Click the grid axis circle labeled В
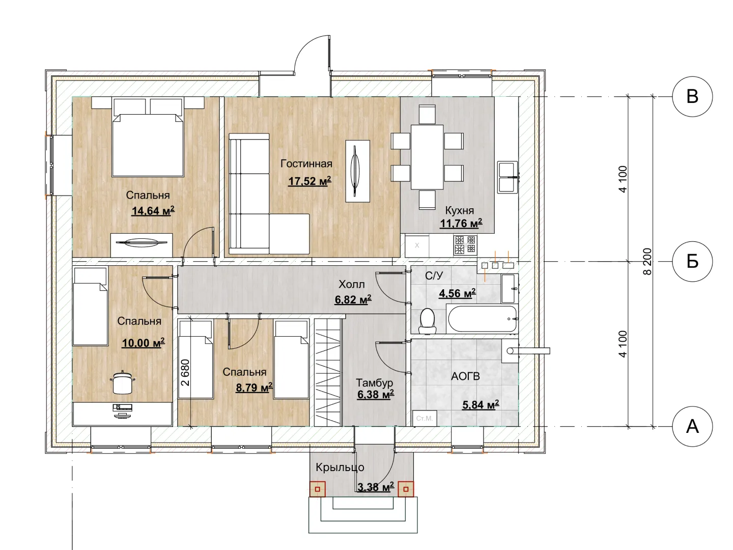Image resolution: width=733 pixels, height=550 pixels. coord(692,97)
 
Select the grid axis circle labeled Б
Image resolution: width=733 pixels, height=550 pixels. coord(692,261)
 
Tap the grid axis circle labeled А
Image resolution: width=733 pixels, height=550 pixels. coord(692,426)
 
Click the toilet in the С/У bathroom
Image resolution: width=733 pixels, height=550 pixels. coord(428,321)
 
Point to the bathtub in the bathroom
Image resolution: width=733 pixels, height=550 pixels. coord(482,319)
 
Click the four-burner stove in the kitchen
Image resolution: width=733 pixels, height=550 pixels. coord(466,245)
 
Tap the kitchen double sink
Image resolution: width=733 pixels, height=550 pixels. coord(508,177)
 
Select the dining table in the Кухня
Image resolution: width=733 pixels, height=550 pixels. coord(427,157)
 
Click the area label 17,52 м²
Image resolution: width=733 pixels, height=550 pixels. coord(309,181)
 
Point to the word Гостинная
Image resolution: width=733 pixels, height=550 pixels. coord(306,163)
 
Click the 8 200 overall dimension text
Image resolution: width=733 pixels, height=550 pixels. coord(647,261)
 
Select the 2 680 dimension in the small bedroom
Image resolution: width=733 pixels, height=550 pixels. coord(185,373)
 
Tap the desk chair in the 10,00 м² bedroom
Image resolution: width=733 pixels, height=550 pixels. coord(123,382)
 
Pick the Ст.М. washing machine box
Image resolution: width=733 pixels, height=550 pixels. coord(425,418)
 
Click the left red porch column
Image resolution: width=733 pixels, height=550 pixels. coord(318,489)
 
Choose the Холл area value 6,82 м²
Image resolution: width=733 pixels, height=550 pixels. coord(353,299)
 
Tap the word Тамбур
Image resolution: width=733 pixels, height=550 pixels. coord(374,382)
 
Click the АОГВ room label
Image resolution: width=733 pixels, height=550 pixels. coord(466,376)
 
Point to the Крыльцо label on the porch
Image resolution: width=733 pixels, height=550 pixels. coord(340,467)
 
